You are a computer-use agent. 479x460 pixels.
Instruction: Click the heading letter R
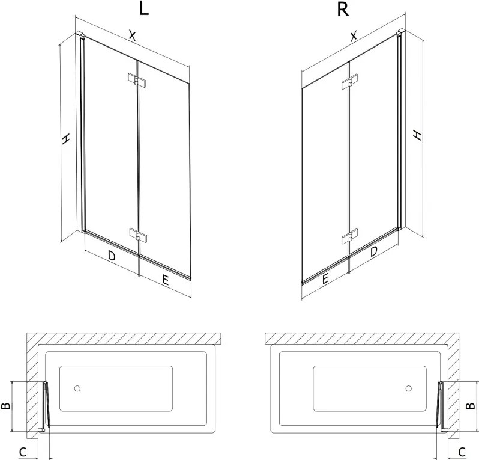343,10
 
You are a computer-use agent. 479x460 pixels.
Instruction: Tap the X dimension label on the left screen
132,35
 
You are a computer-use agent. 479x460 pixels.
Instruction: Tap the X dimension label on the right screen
353,36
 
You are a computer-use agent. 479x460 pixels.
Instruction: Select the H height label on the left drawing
65,139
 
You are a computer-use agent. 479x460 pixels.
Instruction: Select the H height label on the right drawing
417,135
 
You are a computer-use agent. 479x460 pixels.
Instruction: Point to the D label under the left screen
112,255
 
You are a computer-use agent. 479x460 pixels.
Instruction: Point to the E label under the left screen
165,280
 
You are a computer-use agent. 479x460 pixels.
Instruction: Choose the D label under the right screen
373,251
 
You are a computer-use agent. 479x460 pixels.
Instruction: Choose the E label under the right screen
325,278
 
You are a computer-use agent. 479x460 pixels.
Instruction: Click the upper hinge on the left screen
137,80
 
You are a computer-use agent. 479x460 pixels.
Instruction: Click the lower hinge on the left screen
138,235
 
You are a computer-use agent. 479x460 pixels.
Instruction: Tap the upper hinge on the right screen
350,82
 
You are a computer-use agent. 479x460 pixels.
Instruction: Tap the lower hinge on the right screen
350,236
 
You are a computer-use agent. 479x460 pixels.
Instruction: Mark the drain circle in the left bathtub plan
77,388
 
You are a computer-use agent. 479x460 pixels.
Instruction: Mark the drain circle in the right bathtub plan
408,388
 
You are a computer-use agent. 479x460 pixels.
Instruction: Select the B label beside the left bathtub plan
6,406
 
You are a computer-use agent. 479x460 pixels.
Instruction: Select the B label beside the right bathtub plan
471,405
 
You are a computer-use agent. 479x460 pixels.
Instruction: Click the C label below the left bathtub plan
23,452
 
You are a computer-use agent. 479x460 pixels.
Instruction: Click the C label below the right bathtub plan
462,452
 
